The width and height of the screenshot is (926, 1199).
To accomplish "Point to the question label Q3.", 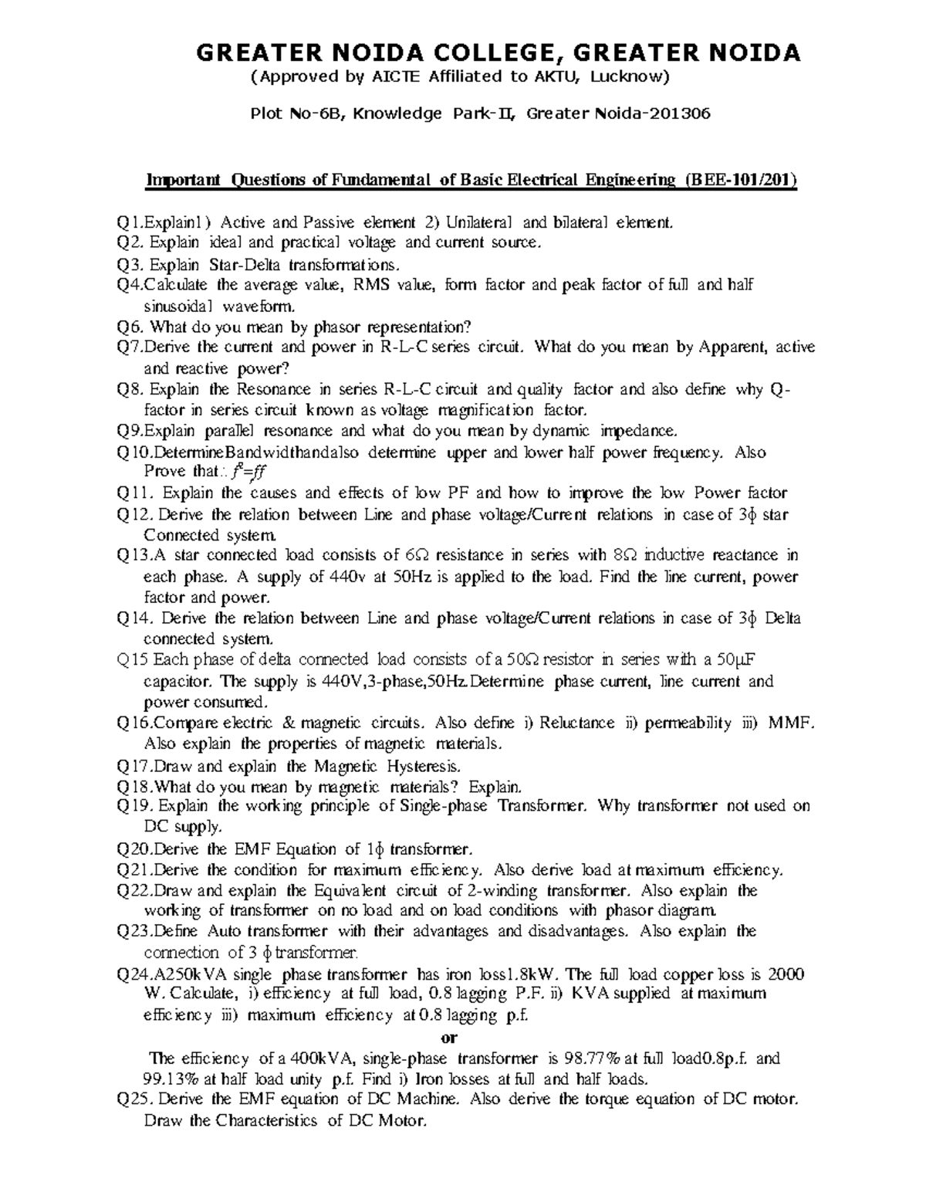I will (129, 265).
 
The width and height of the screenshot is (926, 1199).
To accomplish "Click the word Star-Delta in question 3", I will (242, 265).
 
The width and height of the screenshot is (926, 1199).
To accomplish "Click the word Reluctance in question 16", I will (577, 723).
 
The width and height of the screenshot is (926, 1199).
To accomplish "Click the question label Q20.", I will (133, 850).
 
